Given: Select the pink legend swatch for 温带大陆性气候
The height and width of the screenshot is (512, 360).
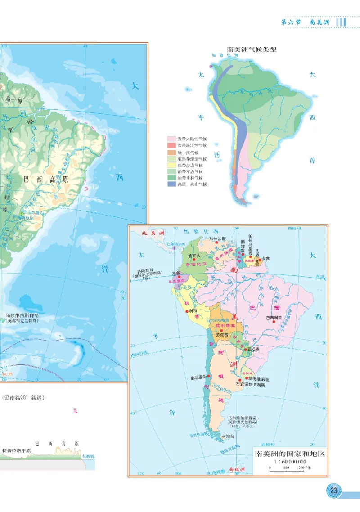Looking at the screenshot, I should (171, 139).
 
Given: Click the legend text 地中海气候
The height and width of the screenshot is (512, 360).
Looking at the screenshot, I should (188, 152).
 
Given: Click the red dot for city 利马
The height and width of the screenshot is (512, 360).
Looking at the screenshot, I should (191, 311).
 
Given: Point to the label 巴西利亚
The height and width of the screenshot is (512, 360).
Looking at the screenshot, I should (275, 318).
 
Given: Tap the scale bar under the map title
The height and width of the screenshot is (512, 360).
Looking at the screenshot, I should (288, 469).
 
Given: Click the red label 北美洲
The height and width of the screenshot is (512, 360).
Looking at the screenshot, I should (151, 233).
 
